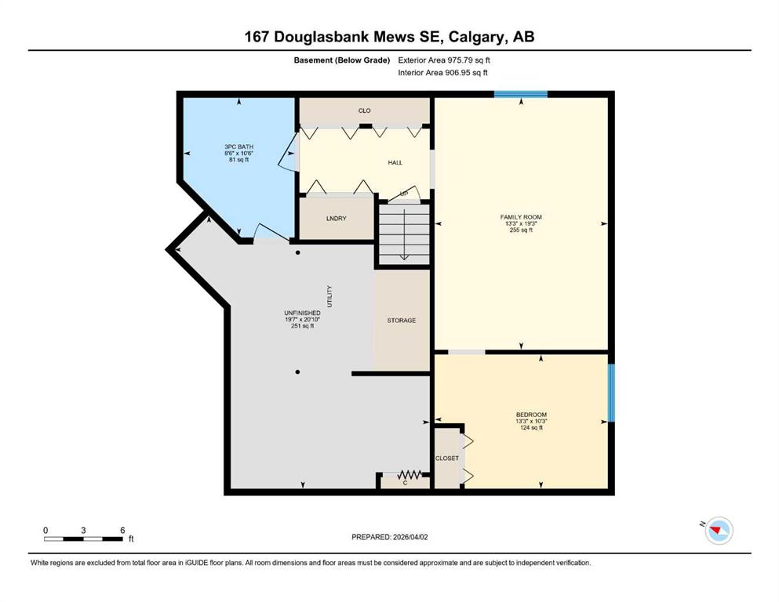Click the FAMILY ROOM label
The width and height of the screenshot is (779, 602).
[521, 217]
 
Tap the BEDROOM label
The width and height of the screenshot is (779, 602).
[531, 415]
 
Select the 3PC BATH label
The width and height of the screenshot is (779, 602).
[239, 147]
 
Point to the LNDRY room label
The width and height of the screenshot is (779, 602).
[337, 219]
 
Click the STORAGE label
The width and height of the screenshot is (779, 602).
[402, 321]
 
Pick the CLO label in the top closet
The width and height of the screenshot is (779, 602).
[364, 111]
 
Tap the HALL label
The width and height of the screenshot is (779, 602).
[395, 163]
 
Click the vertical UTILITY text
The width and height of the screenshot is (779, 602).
[329, 296]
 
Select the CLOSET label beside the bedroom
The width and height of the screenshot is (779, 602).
[447, 458]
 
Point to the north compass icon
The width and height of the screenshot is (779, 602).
[719, 530]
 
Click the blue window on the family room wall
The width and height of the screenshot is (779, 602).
[521, 94]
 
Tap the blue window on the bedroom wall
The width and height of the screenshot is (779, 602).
[612, 393]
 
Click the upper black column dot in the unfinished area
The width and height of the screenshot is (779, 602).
[297, 252]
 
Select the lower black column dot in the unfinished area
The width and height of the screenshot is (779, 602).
[297, 372]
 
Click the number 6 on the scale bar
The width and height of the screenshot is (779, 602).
[122, 530]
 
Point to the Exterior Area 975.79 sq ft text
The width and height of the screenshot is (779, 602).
[444, 60]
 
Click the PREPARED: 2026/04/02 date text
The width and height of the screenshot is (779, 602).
[389, 537]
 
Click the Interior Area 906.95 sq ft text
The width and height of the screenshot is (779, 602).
[442, 72]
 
